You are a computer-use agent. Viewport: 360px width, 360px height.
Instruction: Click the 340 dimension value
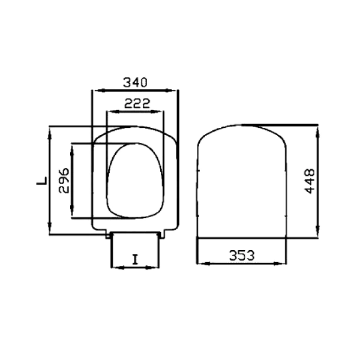pyautogui.click(x=135, y=82)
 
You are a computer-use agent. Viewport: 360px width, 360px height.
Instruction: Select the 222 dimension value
pyautogui.click(x=137, y=103)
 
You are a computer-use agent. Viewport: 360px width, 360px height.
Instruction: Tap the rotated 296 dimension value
pyautogui.click(x=64, y=181)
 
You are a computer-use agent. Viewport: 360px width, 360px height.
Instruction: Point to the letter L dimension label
pyautogui.click(x=42, y=181)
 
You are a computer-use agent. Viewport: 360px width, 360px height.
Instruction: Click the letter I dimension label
pyautogui.click(x=135, y=259)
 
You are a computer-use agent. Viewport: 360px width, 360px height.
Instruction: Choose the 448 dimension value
pyautogui.click(x=310, y=181)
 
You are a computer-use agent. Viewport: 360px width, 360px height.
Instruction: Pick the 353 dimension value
pyautogui.click(x=242, y=256)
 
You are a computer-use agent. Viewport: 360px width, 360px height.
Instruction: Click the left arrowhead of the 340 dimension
pyautogui.click(x=100, y=91)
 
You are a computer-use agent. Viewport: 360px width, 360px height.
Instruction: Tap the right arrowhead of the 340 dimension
pyautogui.click(x=171, y=91)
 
